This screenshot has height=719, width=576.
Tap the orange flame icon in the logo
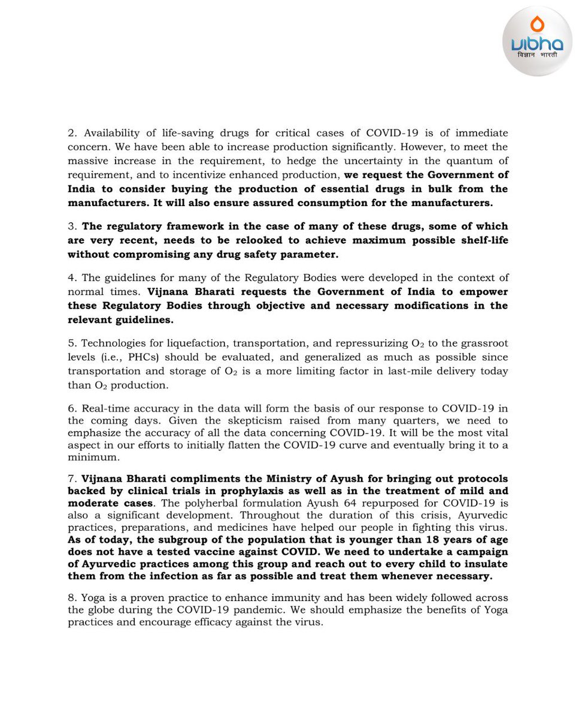click(537, 24)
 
